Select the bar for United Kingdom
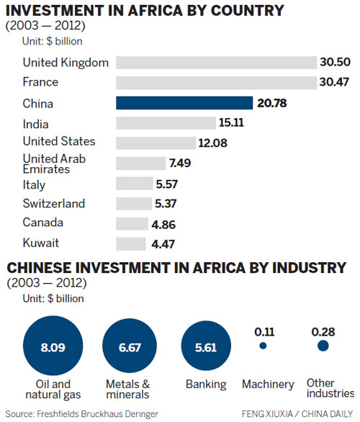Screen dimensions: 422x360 coord(216,63)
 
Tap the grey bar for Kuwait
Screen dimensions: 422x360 coord(130,243)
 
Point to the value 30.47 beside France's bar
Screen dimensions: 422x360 coord(336,84)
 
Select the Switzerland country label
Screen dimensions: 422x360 coord(54,204)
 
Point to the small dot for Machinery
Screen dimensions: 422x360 coord(263,346)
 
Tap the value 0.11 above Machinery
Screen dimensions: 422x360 coord(263,332)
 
